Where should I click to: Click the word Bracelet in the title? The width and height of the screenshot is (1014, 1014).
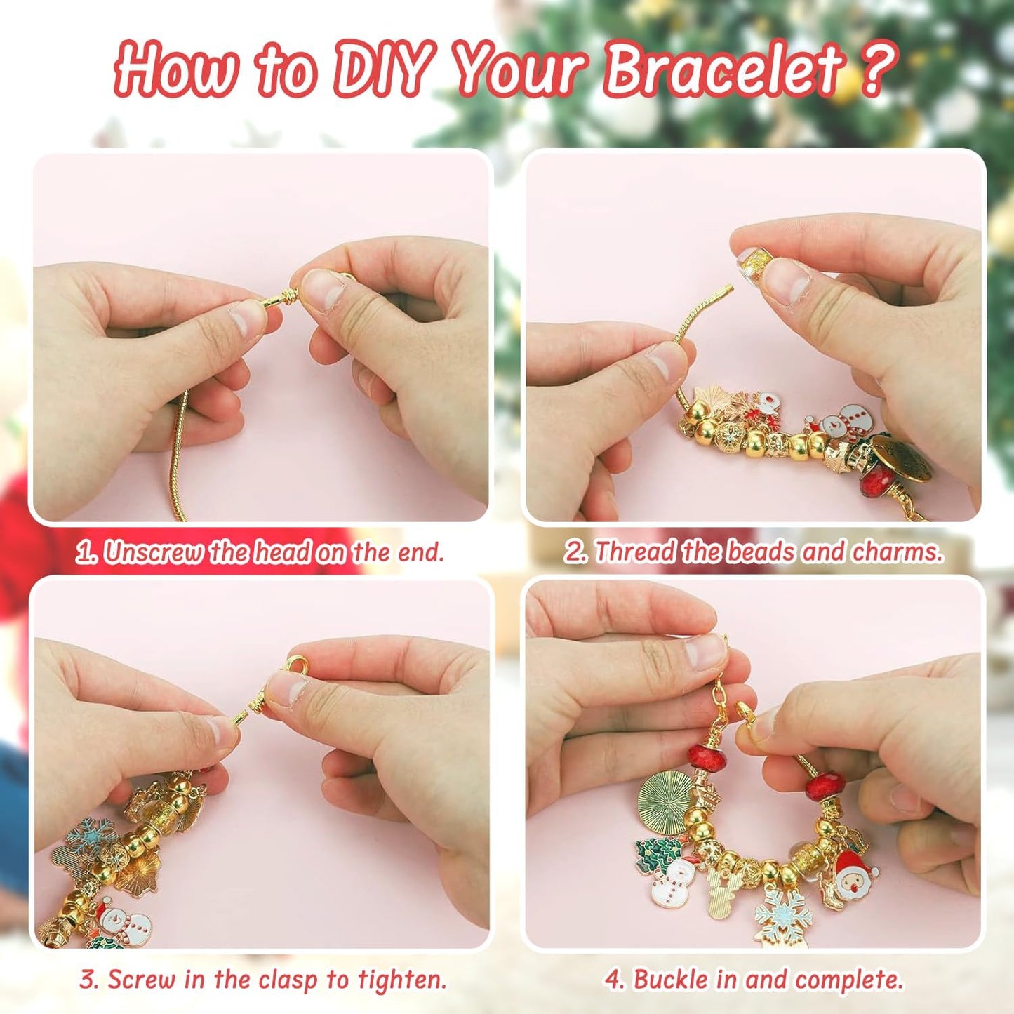[723, 69]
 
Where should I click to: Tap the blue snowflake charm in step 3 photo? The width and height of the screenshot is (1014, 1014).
[91, 835]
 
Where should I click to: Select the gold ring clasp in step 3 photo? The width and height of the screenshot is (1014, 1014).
[296, 665]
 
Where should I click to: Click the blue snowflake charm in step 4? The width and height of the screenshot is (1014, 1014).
[782, 913]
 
